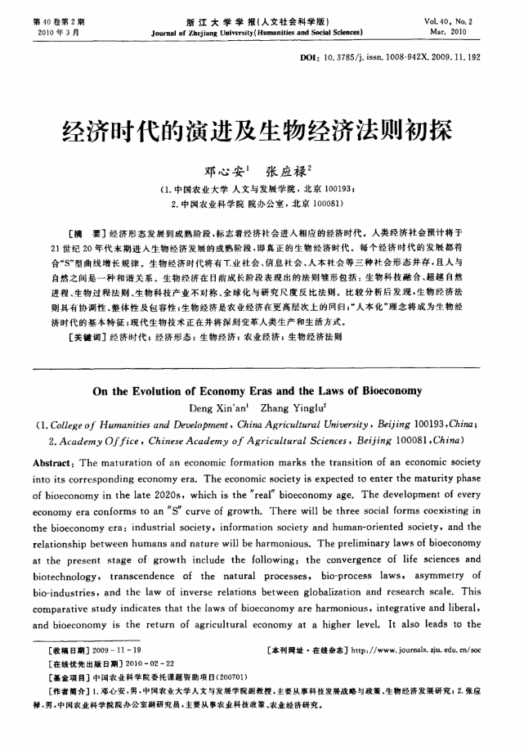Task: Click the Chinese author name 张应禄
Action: [287, 171]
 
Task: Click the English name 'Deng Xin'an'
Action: [215, 407]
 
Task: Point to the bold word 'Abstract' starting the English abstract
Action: [54, 462]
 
